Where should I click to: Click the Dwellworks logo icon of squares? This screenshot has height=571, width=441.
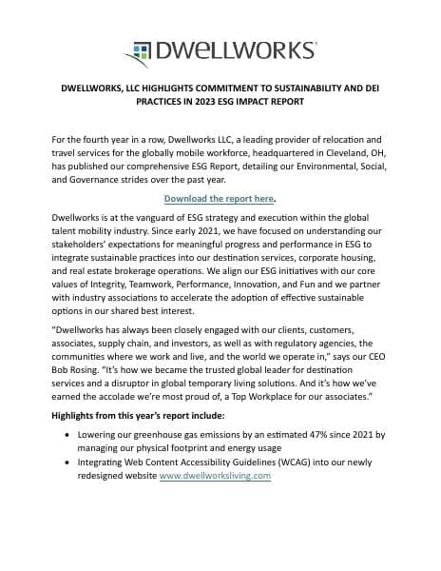point(140,49)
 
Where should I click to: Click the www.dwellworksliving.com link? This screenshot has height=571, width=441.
point(215,476)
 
